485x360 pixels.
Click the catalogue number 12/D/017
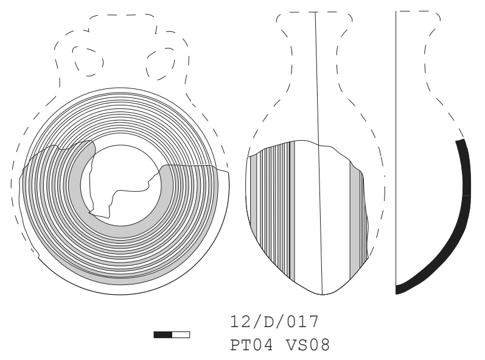click(274, 322)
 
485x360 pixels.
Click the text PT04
click(252, 345)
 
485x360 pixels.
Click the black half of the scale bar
click(162, 334)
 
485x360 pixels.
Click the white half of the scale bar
click(181, 334)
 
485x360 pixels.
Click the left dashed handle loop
click(88, 61)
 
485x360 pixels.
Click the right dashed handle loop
click(161, 63)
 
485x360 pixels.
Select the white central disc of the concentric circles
click(121, 185)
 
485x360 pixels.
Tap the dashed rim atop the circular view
click(122, 15)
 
